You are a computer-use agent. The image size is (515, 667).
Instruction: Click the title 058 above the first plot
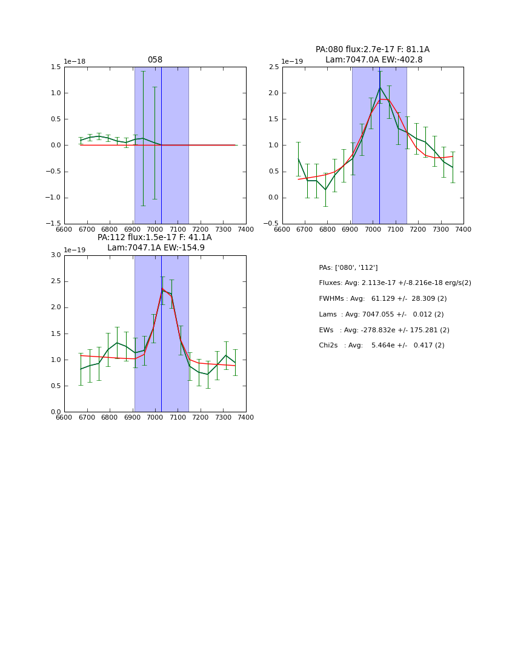[154, 60]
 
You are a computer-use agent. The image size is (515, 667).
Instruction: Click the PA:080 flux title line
[372, 50]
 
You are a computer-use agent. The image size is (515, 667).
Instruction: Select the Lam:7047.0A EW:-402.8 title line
[373, 59]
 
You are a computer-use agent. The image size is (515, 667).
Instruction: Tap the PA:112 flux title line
[154, 238]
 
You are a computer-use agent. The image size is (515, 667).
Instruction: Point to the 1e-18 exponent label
[75, 62]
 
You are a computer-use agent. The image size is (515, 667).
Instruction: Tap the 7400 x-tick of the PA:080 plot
[463, 229]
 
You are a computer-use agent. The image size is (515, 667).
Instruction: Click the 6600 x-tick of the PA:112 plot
[64, 417]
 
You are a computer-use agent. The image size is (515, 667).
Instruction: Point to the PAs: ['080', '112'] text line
[348, 267]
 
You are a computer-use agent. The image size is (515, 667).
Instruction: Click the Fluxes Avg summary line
[394, 283]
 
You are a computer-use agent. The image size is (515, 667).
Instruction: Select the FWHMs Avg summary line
[382, 298]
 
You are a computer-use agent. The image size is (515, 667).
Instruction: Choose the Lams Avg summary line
[381, 314]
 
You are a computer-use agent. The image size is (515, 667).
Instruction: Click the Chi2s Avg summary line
[382, 346]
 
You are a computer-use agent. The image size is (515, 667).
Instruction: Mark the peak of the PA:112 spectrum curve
[162, 290]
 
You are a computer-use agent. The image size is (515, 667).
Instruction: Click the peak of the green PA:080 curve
[380, 87]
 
